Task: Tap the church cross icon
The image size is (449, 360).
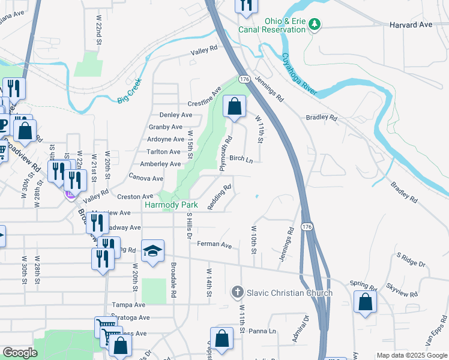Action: (238, 293)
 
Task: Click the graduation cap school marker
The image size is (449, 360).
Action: (152, 251)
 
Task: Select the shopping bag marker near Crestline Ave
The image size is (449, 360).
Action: (234, 107)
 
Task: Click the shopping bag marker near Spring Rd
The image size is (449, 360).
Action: (365, 302)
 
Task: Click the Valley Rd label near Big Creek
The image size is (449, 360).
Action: (203, 52)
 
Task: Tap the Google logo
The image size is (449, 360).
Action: (19, 353)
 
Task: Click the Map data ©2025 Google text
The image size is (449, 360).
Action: (411, 355)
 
